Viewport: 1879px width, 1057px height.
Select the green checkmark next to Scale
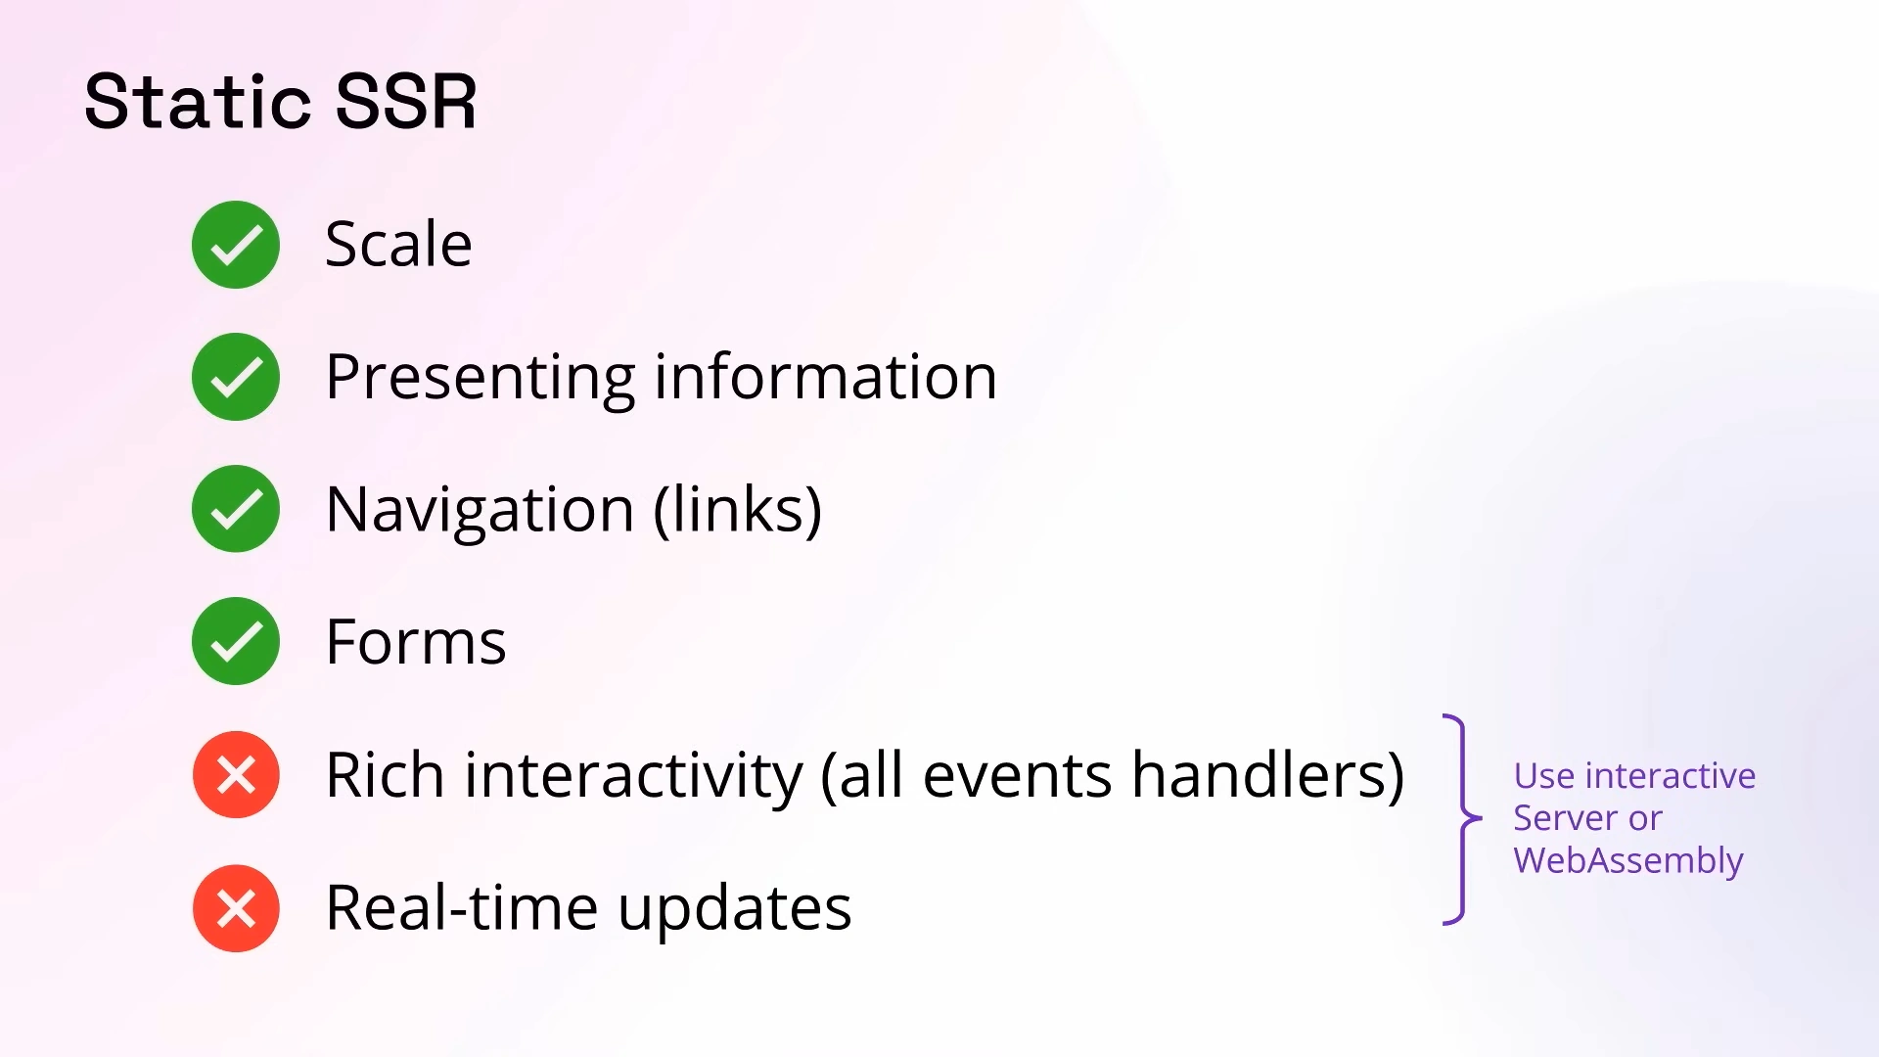236,245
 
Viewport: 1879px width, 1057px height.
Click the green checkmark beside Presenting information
236,377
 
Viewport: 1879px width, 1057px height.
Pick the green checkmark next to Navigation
236,509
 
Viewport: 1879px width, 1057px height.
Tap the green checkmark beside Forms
236,641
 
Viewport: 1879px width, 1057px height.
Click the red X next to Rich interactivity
236,775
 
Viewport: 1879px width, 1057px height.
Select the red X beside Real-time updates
236,908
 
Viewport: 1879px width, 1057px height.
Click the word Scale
398,244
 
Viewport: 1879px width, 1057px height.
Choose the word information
826,377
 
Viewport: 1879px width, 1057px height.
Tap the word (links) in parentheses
738,510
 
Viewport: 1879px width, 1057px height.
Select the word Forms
416,642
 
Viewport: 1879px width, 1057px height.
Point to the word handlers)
1268,775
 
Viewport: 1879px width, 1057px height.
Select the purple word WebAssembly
1628,861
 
